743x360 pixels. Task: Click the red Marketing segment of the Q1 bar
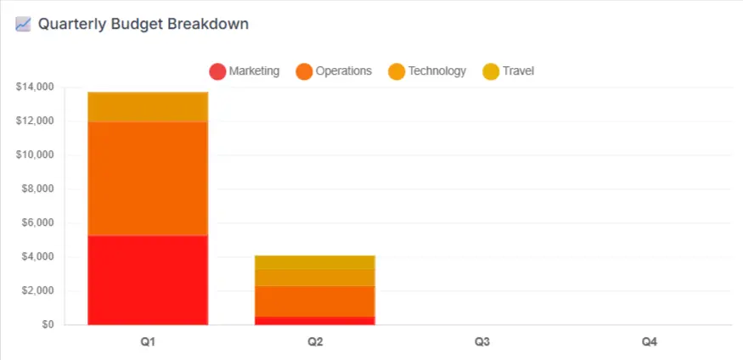pyautogui.click(x=148, y=279)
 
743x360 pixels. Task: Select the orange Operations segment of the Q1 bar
pyautogui.click(x=148, y=178)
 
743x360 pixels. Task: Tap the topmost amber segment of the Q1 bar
pyautogui.click(x=148, y=107)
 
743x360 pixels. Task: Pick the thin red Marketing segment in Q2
pyautogui.click(x=315, y=320)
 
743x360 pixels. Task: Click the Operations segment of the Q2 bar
pyautogui.click(x=315, y=301)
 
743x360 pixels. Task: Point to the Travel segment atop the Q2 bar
pyautogui.click(x=315, y=262)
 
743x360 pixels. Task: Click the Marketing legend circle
pyautogui.click(x=217, y=71)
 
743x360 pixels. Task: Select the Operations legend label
pyautogui.click(x=344, y=71)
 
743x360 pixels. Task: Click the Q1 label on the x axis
pyautogui.click(x=148, y=342)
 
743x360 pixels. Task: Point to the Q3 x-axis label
pyautogui.click(x=482, y=342)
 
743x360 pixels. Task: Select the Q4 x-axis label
pyautogui.click(x=649, y=342)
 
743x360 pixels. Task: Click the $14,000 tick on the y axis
pyautogui.click(x=35, y=87)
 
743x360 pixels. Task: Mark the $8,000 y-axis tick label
pyautogui.click(x=37, y=188)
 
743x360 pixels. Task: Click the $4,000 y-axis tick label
pyautogui.click(x=37, y=256)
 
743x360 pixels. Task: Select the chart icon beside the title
pyautogui.click(x=24, y=24)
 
